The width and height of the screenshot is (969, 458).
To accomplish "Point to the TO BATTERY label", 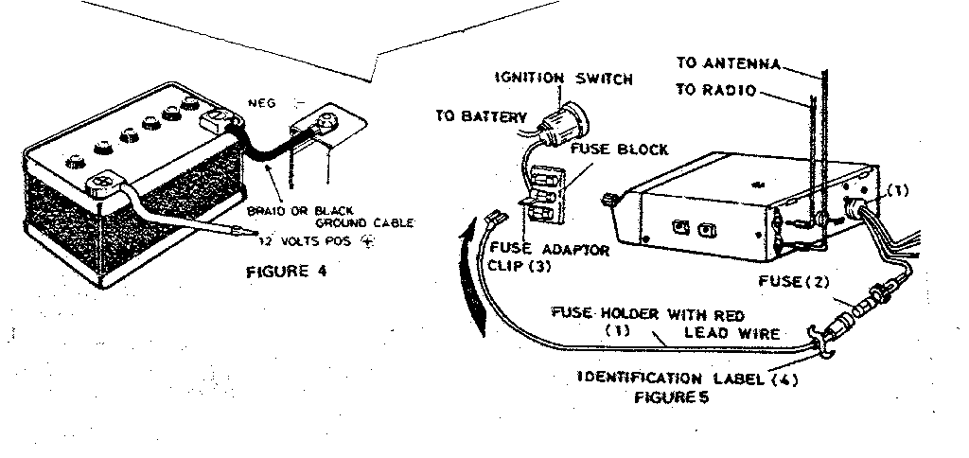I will point(481,116).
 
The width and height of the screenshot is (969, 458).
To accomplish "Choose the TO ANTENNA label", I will point(728,64).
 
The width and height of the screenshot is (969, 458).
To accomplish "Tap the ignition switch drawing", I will point(560,123).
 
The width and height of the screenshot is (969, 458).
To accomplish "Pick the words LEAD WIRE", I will point(745,333).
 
